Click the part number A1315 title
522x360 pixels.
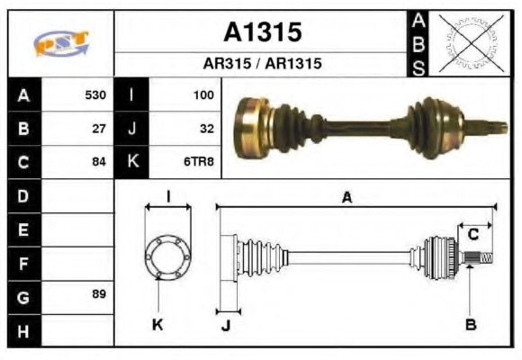[262, 32]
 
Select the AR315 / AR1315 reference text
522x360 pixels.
[262, 65]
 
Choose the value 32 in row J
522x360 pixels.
[206, 128]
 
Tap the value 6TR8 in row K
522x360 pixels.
[199, 162]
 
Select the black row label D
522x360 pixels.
[23, 195]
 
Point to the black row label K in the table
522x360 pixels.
[131, 162]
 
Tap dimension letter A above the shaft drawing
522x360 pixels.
[346, 197]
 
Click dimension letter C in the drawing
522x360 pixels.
[472, 235]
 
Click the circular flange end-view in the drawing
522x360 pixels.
[168, 256]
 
